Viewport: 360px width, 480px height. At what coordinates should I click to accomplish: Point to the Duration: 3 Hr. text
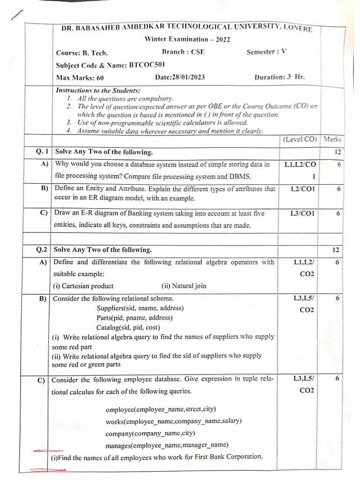(280, 77)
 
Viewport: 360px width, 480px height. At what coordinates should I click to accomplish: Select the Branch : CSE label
(183, 52)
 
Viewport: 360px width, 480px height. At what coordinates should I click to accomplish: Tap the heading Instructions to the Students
(98, 90)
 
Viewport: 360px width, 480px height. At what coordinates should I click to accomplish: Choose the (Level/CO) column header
(300, 139)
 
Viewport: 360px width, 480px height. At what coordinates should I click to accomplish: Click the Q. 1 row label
(42, 152)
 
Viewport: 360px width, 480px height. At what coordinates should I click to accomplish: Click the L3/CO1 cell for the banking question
(303, 213)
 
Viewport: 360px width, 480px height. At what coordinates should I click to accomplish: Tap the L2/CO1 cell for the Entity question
(303, 189)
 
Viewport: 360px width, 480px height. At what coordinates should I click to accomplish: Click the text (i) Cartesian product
(83, 285)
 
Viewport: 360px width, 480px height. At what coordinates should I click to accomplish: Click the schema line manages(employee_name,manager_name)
(167, 445)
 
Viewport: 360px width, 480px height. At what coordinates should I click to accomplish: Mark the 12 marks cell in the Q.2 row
(336, 250)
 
